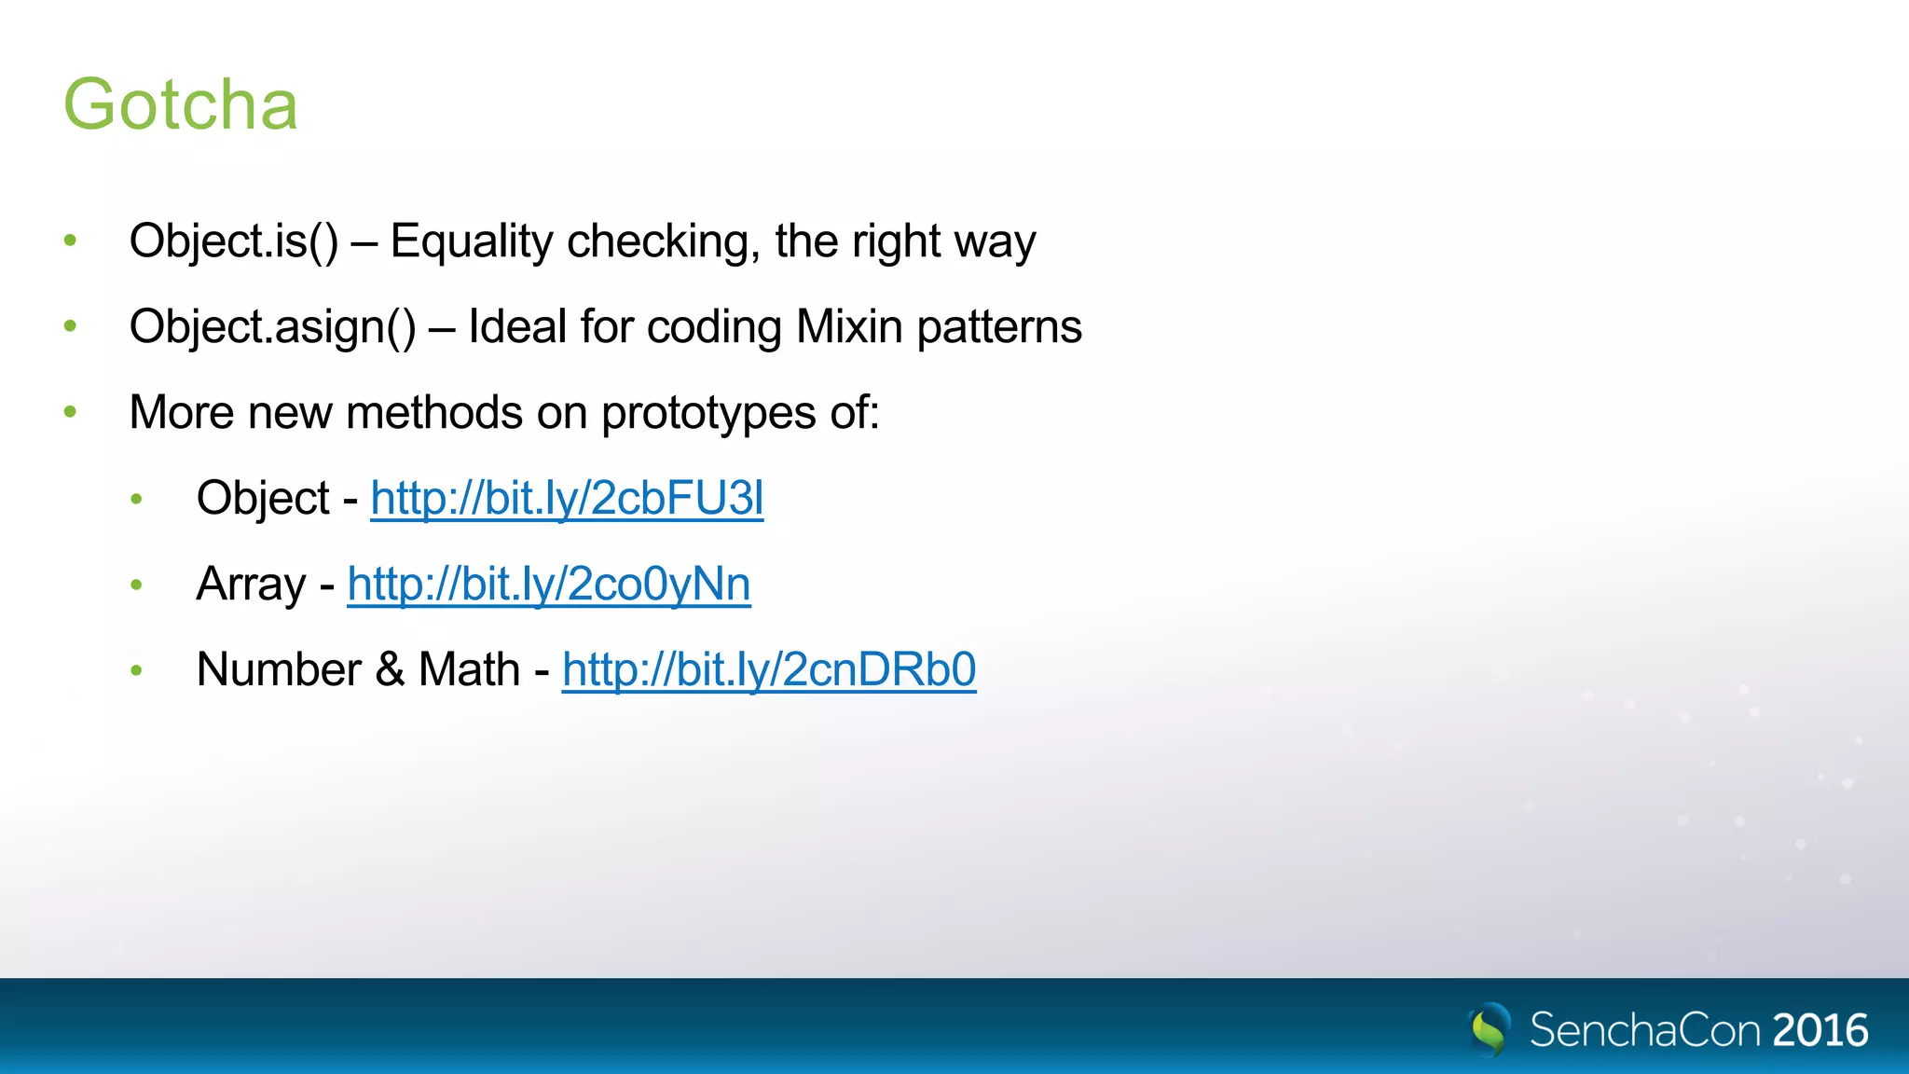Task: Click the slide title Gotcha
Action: pos(180,104)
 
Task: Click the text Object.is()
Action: pos(234,241)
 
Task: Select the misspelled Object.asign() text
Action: pos(272,327)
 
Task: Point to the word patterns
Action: pos(999,327)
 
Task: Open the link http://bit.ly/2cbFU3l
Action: pos(567,499)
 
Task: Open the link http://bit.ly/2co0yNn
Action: pos(548,585)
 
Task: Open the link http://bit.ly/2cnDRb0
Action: pos(769,670)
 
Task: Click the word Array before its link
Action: pos(251,585)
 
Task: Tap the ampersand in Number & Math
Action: pos(390,670)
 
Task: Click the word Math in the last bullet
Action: pos(469,670)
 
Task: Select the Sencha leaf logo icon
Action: pos(1490,1028)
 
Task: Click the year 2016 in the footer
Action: pos(1820,1030)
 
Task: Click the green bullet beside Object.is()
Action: pos(70,241)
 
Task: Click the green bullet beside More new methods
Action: pos(70,412)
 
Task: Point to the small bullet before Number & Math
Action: pos(137,670)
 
